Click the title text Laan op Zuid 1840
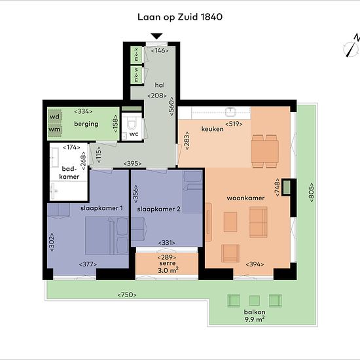(180, 17)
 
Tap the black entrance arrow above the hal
(157, 36)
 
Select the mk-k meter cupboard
(136, 55)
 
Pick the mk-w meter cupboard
(136, 75)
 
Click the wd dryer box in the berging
(54, 117)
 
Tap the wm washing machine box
(54, 130)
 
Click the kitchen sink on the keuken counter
(230, 112)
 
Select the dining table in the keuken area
(264, 151)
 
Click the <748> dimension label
(278, 187)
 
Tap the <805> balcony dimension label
(312, 192)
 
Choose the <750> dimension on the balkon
(127, 295)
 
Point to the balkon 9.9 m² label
(255, 315)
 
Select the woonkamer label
(245, 198)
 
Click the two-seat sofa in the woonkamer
(259, 222)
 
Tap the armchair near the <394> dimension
(230, 253)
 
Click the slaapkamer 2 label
(158, 209)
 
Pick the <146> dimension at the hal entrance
(160, 50)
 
